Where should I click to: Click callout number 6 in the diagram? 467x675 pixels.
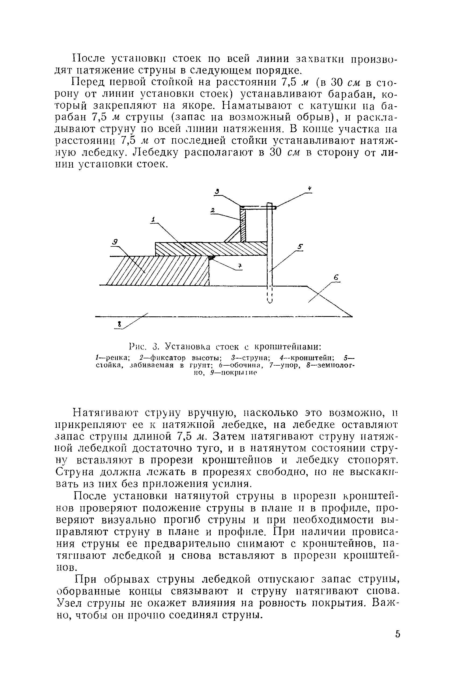pyautogui.click(x=336, y=277)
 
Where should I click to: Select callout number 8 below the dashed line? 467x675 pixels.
pyautogui.click(x=119, y=324)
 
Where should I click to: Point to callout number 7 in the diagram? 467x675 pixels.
pyautogui.click(x=239, y=266)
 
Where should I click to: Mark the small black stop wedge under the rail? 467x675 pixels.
pyautogui.click(x=211, y=257)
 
